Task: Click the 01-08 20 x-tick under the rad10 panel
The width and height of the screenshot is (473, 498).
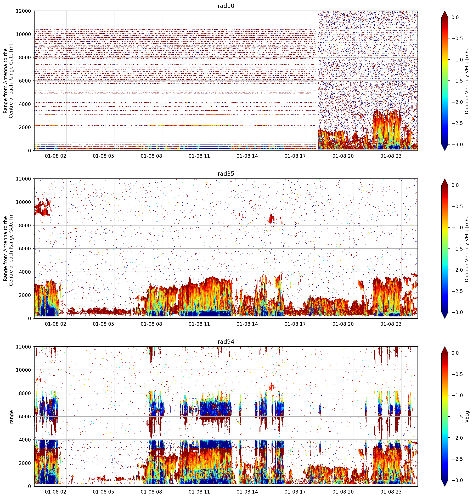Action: click(x=343, y=156)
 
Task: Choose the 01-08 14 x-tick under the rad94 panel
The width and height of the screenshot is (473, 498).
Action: click(x=247, y=492)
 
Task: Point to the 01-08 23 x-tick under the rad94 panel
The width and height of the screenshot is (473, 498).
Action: click(x=391, y=492)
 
